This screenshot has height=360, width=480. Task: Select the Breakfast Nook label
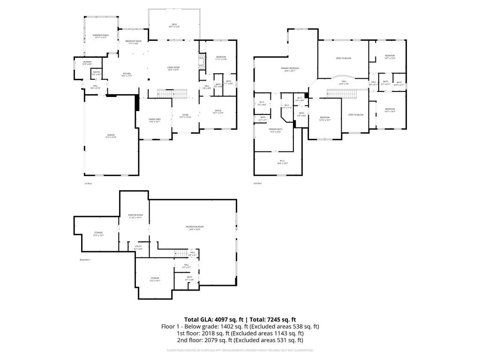(134, 42)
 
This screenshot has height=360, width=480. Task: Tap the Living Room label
(173, 68)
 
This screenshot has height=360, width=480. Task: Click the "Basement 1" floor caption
(85, 259)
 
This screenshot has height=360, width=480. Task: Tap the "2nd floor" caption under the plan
(257, 183)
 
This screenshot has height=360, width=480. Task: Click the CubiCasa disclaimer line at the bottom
(240, 350)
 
